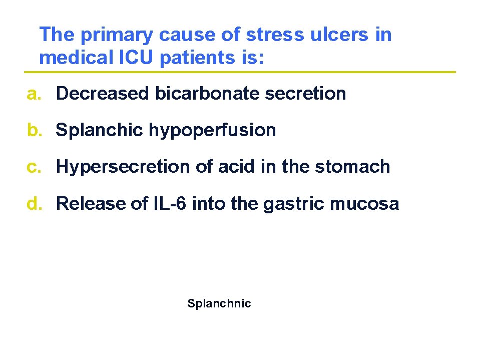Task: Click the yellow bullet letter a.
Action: click(33, 94)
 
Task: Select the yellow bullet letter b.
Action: click(34, 130)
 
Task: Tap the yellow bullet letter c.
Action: click(33, 167)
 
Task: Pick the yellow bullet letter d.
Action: click(34, 204)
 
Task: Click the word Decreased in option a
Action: click(103, 94)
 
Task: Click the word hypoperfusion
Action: click(212, 131)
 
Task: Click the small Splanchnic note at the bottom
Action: click(219, 303)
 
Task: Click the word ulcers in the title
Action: click(338, 35)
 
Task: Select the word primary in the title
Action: click(116, 36)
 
